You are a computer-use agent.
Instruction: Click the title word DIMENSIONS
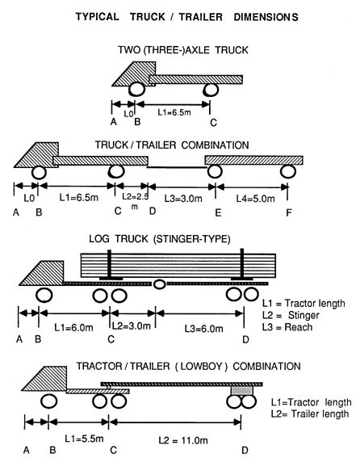(266, 17)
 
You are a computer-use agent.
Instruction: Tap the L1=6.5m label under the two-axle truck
(174, 112)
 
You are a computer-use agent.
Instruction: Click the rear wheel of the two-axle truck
(211, 90)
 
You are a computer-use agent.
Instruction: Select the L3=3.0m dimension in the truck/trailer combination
(183, 199)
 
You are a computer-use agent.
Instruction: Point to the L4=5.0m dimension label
(255, 199)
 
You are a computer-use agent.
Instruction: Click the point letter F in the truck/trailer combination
(289, 212)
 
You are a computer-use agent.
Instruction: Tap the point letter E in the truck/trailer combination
(218, 212)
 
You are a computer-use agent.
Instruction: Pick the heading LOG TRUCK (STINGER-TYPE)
(160, 238)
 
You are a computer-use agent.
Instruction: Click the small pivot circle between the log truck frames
(159, 284)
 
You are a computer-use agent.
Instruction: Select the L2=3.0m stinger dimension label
(132, 325)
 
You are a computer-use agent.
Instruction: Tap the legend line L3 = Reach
(287, 327)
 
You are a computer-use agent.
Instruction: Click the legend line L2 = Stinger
(291, 315)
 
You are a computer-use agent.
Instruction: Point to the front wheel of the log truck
(44, 296)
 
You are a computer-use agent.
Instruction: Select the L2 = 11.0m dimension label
(183, 441)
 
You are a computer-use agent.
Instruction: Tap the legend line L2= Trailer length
(310, 414)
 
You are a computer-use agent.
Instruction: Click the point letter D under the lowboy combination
(245, 450)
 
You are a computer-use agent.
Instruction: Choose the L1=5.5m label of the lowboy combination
(84, 439)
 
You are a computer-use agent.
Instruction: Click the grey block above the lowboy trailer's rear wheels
(242, 391)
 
